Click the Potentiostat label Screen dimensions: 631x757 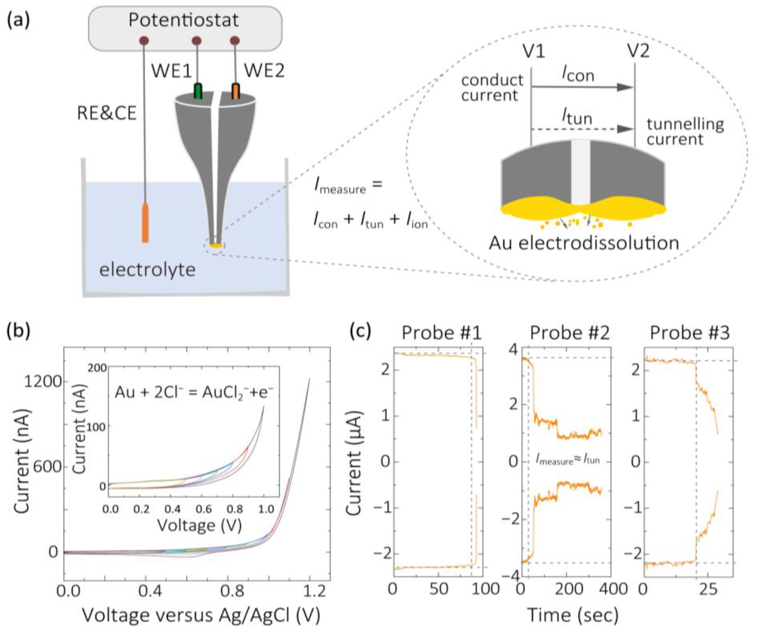(x=184, y=20)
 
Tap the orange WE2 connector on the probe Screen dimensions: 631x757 (x=236, y=91)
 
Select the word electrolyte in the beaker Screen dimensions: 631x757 (x=147, y=270)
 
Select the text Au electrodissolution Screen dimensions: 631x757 (x=583, y=243)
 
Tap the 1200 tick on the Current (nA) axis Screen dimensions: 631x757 (x=43, y=381)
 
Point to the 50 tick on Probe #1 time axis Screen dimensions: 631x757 (x=439, y=589)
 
